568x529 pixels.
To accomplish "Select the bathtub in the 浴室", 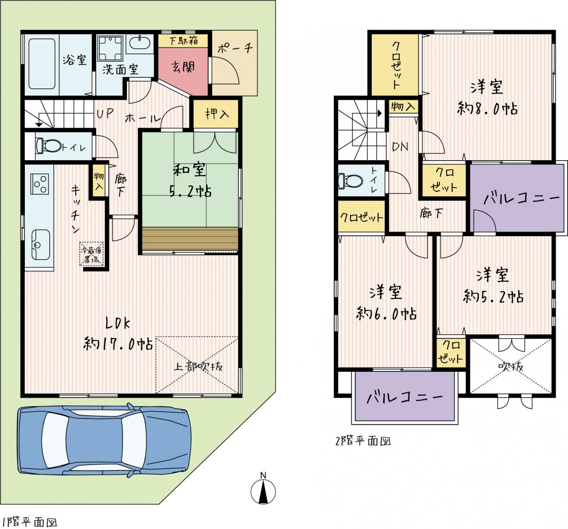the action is tap(42, 64).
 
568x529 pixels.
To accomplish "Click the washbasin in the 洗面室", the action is tap(140, 43).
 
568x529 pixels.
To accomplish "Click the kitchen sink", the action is tap(41, 245).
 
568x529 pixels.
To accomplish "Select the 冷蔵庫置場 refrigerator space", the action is tap(91, 254).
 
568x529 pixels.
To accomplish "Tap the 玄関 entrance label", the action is tap(183, 67).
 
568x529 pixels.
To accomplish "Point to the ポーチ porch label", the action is tap(235, 48).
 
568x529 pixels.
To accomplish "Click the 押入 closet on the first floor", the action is tap(216, 114).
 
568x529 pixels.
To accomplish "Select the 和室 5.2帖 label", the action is tap(190, 180).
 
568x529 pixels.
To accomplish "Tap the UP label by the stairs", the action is tap(105, 114).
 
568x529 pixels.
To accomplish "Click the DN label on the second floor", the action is tap(400, 147).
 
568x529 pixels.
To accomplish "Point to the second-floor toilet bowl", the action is tap(351, 181).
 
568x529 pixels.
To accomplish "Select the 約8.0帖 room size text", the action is tap(487, 109).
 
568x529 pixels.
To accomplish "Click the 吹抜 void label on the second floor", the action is tap(510, 367).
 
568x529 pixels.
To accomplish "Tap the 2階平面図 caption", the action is tap(363, 441).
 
